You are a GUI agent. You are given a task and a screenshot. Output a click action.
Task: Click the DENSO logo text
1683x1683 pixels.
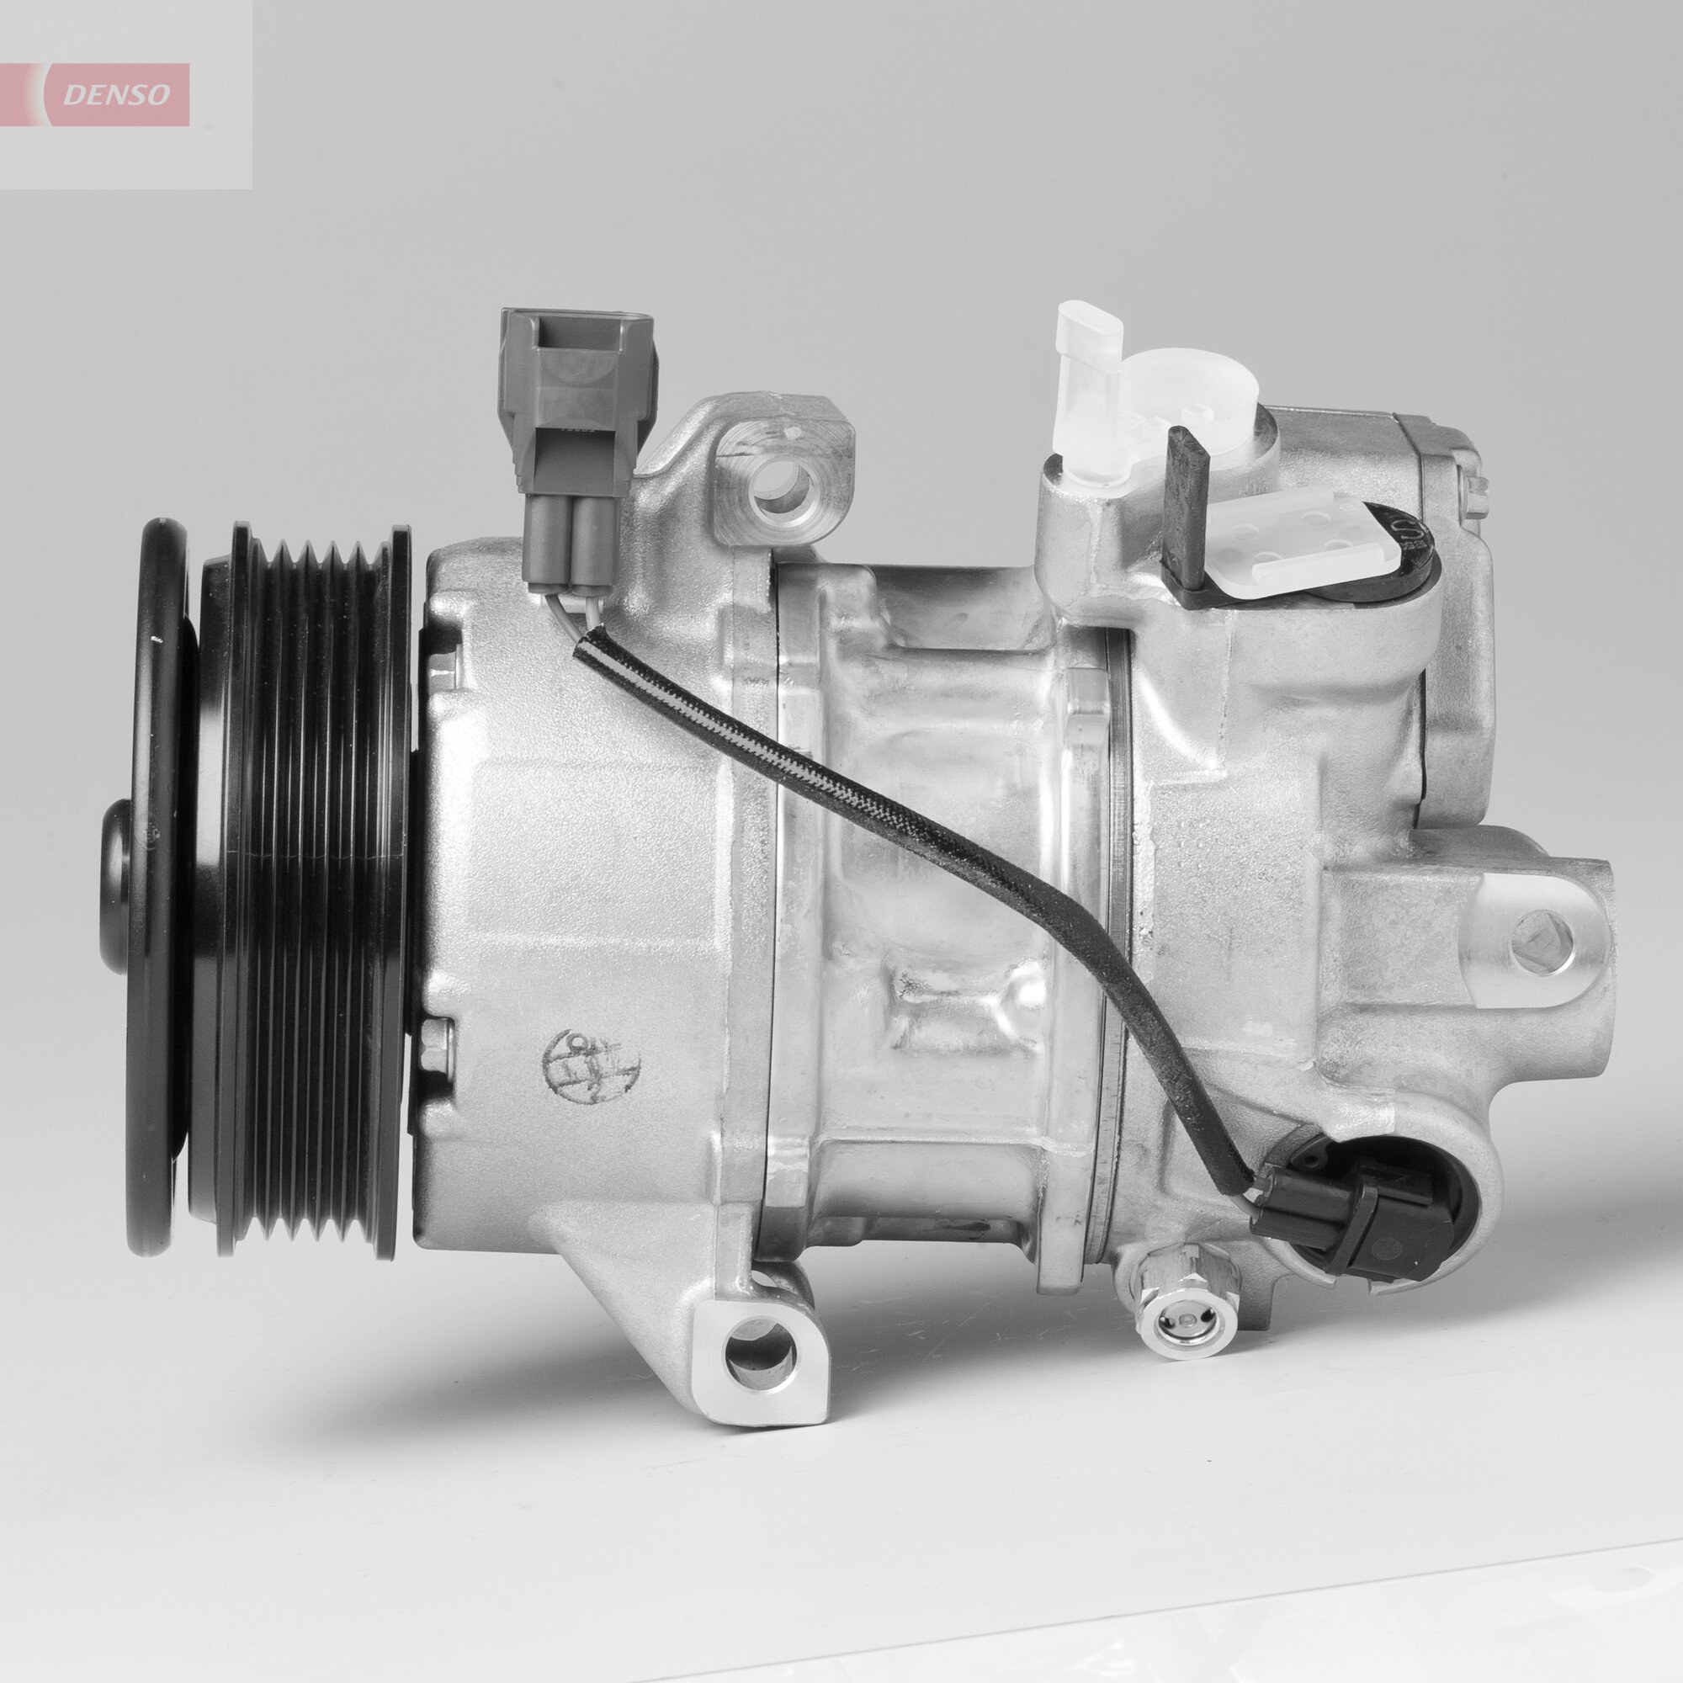(122, 95)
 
